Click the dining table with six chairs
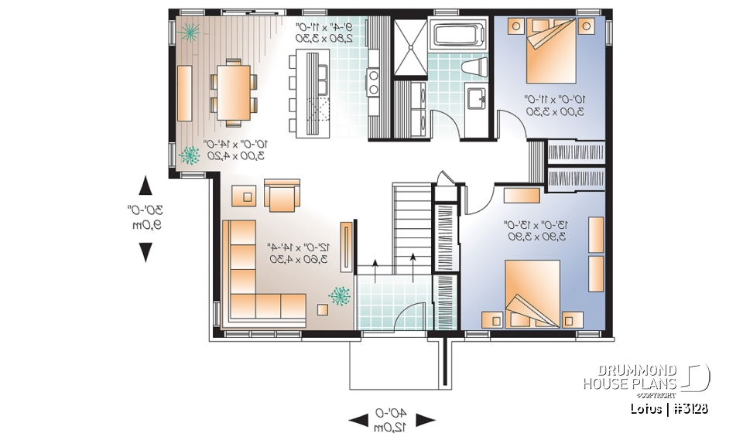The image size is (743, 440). point(233,92)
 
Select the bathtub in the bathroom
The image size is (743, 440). point(457,37)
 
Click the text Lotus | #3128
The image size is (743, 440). point(669,408)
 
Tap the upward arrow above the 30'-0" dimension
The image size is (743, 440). point(145,186)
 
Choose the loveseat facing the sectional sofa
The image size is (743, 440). point(281,196)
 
